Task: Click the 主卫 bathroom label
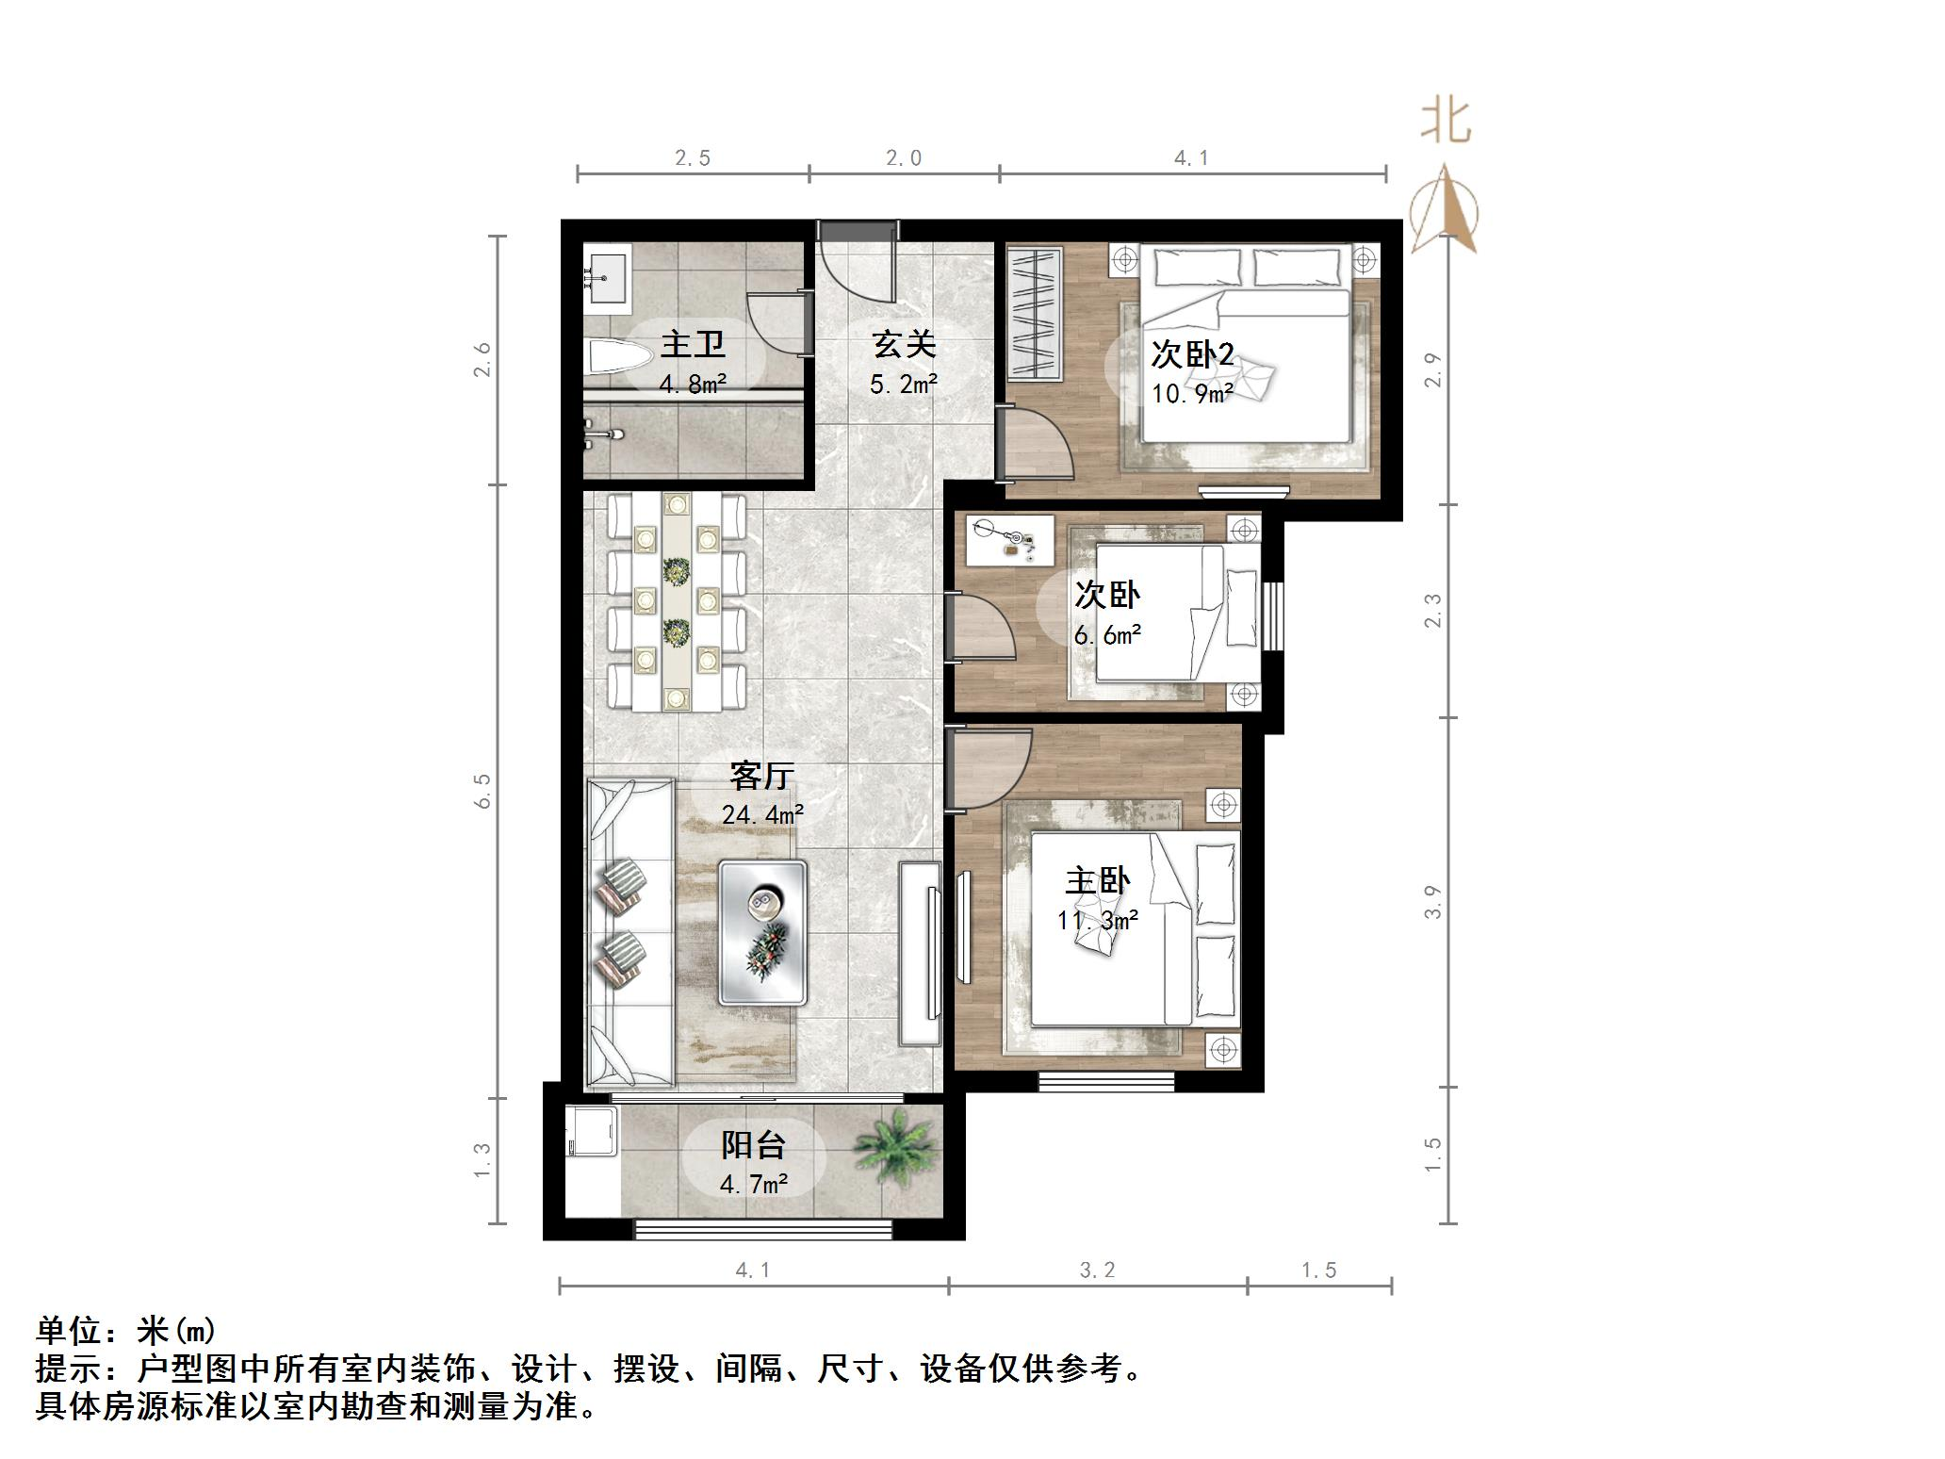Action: click(x=693, y=344)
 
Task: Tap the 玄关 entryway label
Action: click(x=903, y=344)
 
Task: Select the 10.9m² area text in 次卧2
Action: click(x=1191, y=394)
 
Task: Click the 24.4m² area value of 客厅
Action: click(x=761, y=813)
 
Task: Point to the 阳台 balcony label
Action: click(x=752, y=1145)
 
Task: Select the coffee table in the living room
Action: click(x=762, y=932)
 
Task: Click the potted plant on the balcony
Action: click(x=895, y=1145)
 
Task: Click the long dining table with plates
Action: click(x=676, y=601)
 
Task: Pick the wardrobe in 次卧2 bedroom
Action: click(x=1035, y=313)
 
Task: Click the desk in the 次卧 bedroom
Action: click(x=1009, y=539)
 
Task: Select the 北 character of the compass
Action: click(x=1446, y=123)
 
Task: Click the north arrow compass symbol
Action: click(x=1444, y=212)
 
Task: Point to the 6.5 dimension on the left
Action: click(x=482, y=790)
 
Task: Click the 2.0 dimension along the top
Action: click(x=903, y=158)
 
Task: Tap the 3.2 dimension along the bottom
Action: click(x=1097, y=1270)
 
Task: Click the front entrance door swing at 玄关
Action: click(x=853, y=264)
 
